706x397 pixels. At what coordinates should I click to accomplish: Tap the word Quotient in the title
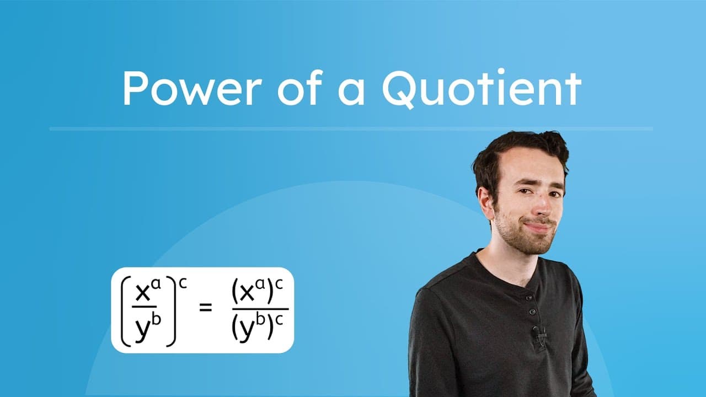[x=481, y=88]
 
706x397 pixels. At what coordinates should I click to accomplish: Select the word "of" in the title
[x=298, y=88]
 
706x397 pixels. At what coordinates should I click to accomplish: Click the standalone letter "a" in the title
[x=351, y=92]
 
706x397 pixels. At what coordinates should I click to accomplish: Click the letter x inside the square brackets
[x=143, y=293]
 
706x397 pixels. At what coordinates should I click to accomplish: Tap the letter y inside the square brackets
[x=142, y=330]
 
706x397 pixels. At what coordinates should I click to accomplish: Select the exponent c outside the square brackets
[x=183, y=282]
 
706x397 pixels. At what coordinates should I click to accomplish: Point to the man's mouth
[x=538, y=226]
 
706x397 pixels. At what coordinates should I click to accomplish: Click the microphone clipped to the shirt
[x=539, y=332]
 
